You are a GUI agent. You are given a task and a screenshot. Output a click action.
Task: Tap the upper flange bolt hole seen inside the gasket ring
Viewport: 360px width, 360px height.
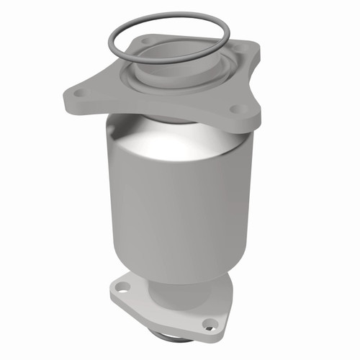pos(147,41)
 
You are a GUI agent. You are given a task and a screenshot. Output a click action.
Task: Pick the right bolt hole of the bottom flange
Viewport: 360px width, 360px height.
pos(210,322)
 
